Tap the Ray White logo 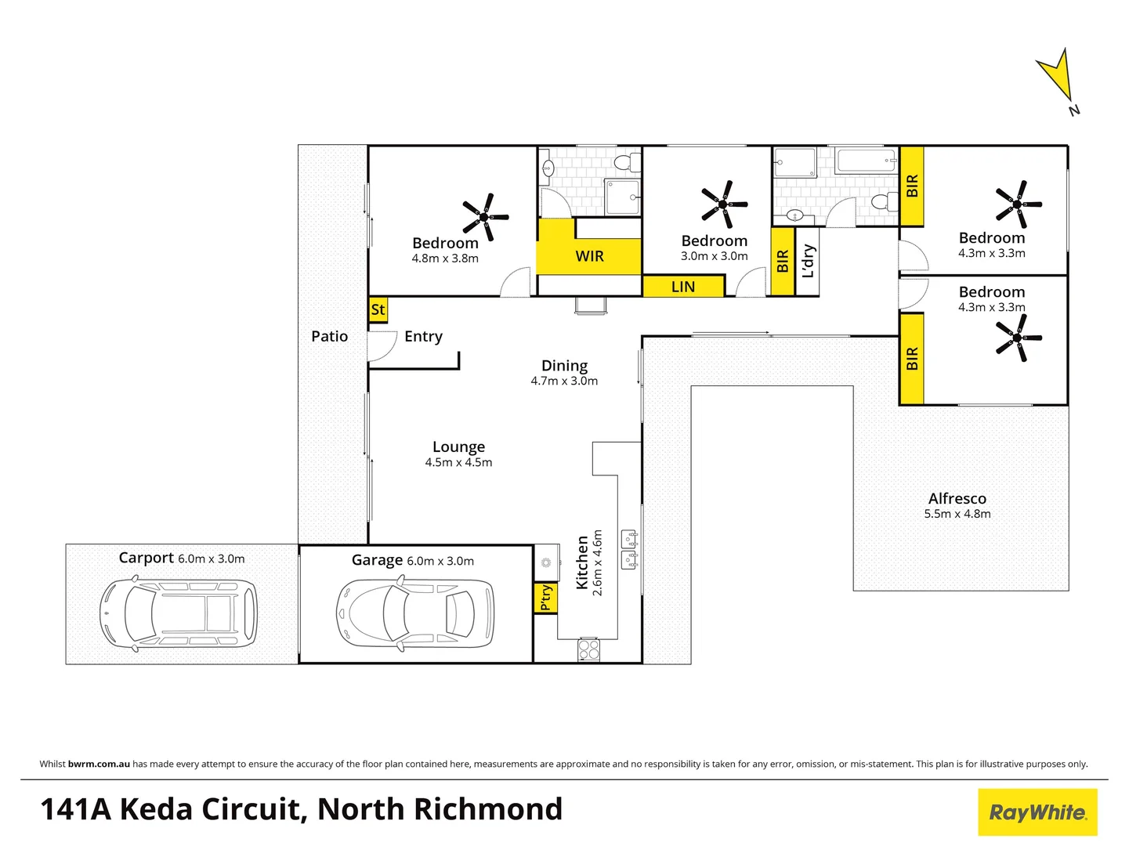(x=1037, y=812)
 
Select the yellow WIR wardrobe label (x=589, y=256)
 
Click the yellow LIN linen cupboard (x=682, y=287)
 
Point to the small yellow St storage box (x=378, y=309)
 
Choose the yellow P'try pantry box (x=545, y=597)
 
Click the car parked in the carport (x=179, y=614)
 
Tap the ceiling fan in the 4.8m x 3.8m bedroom (x=485, y=216)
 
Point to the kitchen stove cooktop (x=588, y=649)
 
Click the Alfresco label (x=957, y=499)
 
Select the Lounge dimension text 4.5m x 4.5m (x=458, y=463)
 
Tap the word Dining (x=564, y=366)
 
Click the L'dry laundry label (x=808, y=262)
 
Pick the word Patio (x=329, y=336)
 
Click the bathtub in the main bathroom (x=867, y=161)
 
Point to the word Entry (x=423, y=336)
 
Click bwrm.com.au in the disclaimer (x=99, y=764)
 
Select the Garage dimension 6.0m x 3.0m (x=440, y=561)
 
